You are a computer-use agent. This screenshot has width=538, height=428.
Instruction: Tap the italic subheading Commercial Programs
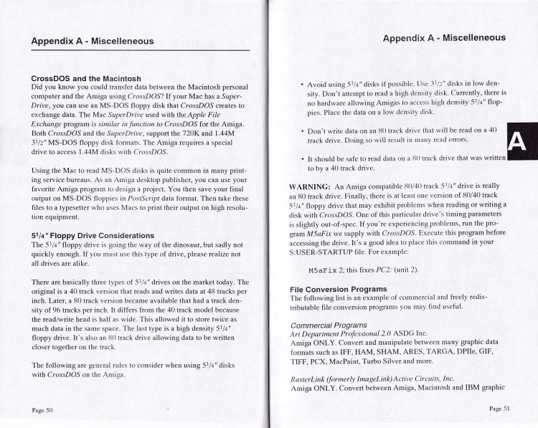pyautogui.click(x=332, y=324)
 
